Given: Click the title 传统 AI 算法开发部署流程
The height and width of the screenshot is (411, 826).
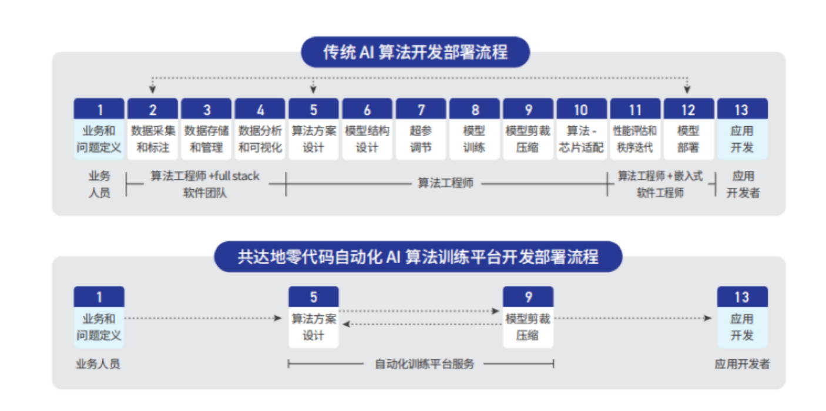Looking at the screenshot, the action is (415, 53).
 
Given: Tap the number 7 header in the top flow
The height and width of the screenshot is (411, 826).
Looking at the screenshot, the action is (421, 109).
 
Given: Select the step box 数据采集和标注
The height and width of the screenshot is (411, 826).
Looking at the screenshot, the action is (153, 139).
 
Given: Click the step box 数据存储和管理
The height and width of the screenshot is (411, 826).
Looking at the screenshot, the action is (207, 139).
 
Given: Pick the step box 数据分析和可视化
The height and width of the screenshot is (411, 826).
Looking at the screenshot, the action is (260, 139).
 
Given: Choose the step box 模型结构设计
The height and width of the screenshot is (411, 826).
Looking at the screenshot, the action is (367, 139).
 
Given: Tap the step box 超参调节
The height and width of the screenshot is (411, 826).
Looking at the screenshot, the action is (421, 139).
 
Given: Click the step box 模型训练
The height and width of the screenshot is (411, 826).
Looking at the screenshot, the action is (475, 139).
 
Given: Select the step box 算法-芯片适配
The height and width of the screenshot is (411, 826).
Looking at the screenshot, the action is (581, 139).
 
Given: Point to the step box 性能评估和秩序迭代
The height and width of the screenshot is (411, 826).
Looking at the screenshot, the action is (634, 139).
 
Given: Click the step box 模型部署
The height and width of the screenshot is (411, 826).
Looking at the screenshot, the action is (688, 139).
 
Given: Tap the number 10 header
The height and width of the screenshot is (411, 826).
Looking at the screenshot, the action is (581, 109).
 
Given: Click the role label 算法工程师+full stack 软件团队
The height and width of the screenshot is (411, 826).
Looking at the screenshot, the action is (204, 184).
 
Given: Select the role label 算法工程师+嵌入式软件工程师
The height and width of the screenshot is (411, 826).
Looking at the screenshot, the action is (660, 184).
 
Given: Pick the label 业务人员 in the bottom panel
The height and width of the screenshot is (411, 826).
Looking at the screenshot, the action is (98, 364).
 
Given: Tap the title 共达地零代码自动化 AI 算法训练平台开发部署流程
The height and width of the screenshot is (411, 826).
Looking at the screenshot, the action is (418, 257).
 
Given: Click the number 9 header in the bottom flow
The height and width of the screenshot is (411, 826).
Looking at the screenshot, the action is (528, 297).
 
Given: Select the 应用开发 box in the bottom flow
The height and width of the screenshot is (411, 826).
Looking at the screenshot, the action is (742, 327).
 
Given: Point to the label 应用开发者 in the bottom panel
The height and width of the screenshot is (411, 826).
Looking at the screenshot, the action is (742, 364).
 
